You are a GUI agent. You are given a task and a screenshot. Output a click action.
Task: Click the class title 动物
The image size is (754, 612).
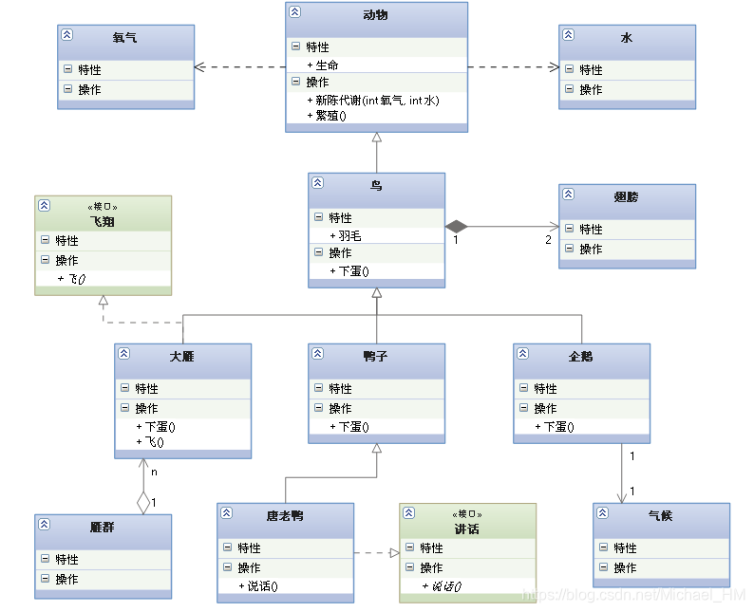coord(376,15)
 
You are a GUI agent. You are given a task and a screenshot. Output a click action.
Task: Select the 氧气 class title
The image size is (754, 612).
coord(124,38)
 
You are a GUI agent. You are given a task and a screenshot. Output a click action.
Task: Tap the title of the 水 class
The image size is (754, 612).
coord(627,38)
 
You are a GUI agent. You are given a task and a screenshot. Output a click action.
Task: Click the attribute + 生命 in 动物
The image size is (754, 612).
coord(327,65)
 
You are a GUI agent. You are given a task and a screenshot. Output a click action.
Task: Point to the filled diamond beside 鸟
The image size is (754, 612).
coord(457,226)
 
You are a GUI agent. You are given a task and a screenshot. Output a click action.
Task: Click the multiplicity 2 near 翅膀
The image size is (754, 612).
coord(548,239)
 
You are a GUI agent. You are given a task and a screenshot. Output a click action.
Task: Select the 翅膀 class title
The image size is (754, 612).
coord(627,197)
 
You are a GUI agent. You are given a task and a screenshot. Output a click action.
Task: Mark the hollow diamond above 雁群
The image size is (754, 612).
coord(143,500)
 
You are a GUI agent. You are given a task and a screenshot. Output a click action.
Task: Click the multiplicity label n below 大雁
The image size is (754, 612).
coord(154,470)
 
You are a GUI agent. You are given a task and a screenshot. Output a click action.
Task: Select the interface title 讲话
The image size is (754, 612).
coord(467,529)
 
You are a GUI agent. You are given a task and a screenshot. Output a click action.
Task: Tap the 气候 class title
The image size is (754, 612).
coord(661,516)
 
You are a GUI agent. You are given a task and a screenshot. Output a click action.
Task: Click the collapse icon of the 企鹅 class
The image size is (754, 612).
coord(522,353)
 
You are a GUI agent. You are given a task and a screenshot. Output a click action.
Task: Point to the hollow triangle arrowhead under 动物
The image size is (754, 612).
coord(377,139)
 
